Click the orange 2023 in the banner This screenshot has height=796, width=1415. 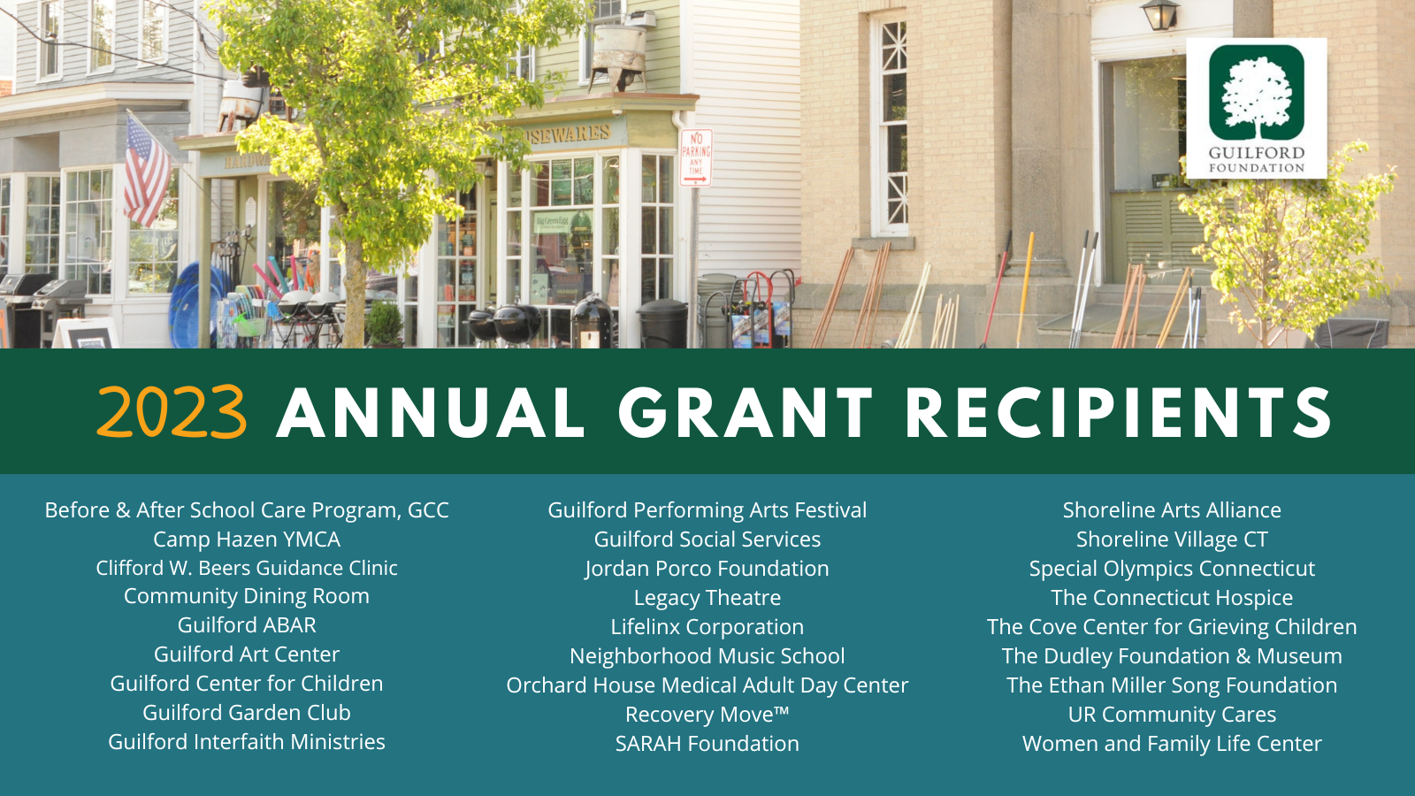click(x=172, y=412)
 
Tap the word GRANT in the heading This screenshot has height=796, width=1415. click(x=746, y=412)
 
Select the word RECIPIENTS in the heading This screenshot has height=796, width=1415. click(x=1119, y=412)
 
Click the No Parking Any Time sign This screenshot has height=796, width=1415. click(x=695, y=158)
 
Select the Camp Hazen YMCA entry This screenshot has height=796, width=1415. click(x=247, y=540)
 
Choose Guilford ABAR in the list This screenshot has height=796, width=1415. click(x=247, y=625)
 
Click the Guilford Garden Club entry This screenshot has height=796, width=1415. click(x=247, y=713)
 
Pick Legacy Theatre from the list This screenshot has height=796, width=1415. click(x=707, y=598)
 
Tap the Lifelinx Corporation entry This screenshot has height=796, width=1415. click(x=707, y=627)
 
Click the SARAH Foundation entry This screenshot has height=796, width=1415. click(x=707, y=744)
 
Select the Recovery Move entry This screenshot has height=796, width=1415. click(x=707, y=715)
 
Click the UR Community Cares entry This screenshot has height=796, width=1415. click(x=1172, y=715)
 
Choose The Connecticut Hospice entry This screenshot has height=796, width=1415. click(x=1172, y=598)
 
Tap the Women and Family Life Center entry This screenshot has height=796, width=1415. click(x=1172, y=744)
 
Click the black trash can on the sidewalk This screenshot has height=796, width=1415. click(x=662, y=324)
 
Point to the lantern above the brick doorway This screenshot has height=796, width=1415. click(x=1160, y=14)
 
